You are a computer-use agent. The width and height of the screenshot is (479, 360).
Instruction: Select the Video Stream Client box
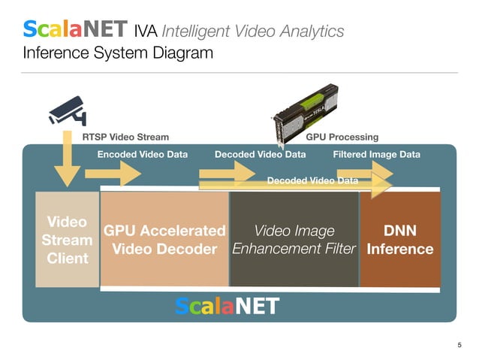coord(68,240)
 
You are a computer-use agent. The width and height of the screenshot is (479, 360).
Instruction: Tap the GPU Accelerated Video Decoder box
coord(164,239)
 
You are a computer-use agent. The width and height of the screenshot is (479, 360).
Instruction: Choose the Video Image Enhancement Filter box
coord(294,239)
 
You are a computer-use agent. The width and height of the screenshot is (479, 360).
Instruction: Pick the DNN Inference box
coord(399,239)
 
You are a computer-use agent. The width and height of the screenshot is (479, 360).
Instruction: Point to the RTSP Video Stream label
coord(125,138)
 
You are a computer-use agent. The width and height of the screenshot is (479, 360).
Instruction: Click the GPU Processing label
coord(342,138)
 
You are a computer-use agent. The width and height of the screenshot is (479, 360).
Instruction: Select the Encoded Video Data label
coord(143,154)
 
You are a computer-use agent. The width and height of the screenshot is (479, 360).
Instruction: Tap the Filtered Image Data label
coord(376,154)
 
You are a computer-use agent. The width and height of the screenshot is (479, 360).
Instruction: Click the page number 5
coord(459,345)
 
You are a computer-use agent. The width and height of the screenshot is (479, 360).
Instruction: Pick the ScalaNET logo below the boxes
coord(227,306)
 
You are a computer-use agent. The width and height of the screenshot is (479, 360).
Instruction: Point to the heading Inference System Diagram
coord(118,53)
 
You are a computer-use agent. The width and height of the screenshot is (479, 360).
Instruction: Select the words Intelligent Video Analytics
coord(253,32)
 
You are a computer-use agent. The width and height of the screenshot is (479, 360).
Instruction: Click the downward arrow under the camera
coord(67,162)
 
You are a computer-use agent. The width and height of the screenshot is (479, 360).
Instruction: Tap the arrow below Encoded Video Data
coord(113,174)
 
